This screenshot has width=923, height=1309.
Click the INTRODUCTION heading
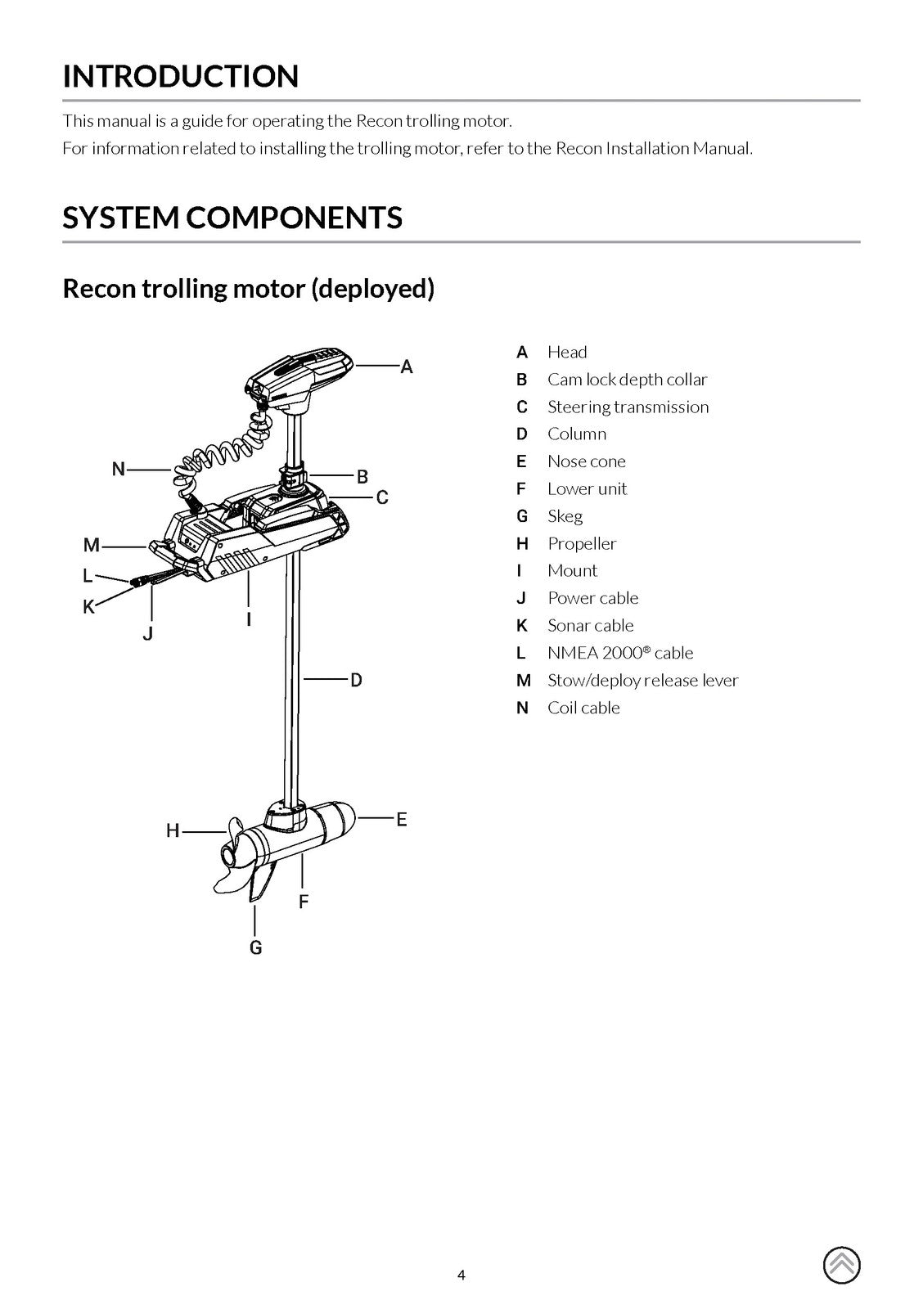(181, 76)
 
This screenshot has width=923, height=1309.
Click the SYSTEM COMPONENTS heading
(232, 218)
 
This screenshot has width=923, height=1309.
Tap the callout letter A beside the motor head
(406, 367)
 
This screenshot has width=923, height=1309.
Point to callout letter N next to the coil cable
(119, 469)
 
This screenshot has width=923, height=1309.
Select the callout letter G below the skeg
(256, 947)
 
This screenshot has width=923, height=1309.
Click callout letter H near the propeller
(173, 831)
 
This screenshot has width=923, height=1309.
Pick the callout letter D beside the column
(356, 680)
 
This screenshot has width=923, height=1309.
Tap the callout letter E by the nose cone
(401, 819)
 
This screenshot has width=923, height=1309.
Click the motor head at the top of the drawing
(299, 376)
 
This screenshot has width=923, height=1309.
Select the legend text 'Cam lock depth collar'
(627, 380)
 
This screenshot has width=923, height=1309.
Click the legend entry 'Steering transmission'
(628, 407)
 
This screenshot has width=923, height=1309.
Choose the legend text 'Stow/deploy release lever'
(642, 681)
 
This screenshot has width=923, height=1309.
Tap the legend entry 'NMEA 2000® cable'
(619, 653)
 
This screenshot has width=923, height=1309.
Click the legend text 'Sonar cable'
(590, 626)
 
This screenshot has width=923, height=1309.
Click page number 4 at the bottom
(461, 1275)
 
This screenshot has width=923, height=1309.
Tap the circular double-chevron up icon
(841, 1266)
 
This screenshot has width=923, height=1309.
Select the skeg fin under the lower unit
(262, 884)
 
